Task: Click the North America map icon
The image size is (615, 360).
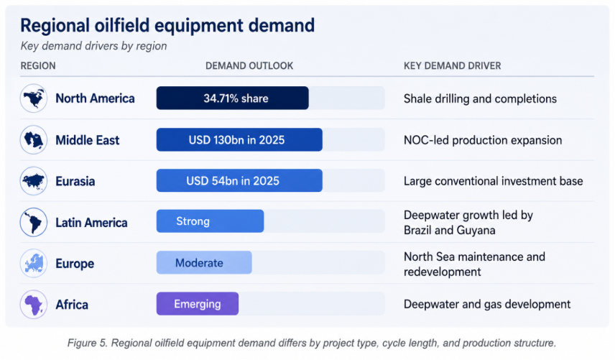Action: pyautogui.click(x=34, y=98)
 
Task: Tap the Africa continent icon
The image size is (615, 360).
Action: pyautogui.click(x=34, y=305)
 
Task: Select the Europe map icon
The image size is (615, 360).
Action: pyautogui.click(x=34, y=263)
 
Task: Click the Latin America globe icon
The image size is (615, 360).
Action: pyautogui.click(x=34, y=222)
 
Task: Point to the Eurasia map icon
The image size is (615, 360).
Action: pyautogui.click(x=34, y=181)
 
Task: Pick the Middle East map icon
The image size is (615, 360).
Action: pyautogui.click(x=34, y=139)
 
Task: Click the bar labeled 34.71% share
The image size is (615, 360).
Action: pyautogui.click(x=233, y=98)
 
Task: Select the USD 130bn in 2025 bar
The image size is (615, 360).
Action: pyautogui.click(x=239, y=139)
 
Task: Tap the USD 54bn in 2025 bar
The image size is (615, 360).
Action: pyautogui.click(x=239, y=180)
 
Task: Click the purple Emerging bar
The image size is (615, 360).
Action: pyautogui.click(x=198, y=303)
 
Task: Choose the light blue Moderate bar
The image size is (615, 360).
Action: pyautogui.click(x=204, y=262)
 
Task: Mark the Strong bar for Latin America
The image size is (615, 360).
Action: pyautogui.click(x=211, y=221)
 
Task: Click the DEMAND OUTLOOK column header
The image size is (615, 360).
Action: pyautogui.click(x=249, y=66)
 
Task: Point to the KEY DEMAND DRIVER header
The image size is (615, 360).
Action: pyautogui.click(x=452, y=66)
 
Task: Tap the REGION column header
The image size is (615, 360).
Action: pyautogui.click(x=38, y=66)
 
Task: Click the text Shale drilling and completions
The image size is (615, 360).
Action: pyautogui.click(x=480, y=99)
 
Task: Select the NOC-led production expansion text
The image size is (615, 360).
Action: pyautogui.click(x=483, y=140)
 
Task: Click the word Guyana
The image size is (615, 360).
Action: pyautogui.click(x=479, y=230)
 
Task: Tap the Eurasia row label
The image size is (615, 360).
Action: pyautogui.click(x=75, y=181)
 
